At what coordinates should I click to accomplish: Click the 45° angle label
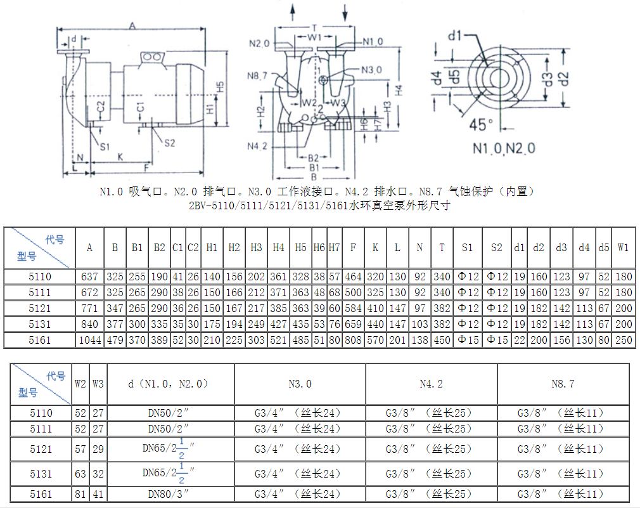tap(481, 124)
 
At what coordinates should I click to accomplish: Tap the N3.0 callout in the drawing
tap(371, 70)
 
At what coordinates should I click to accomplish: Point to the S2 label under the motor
tap(169, 143)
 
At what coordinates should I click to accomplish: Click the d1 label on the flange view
tap(455, 36)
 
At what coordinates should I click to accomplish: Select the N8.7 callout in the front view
tap(257, 76)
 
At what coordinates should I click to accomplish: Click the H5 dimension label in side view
tap(220, 87)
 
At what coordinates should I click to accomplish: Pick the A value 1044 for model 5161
tap(90, 340)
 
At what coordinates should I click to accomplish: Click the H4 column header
tap(278, 247)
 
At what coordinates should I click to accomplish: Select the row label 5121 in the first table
tap(39, 308)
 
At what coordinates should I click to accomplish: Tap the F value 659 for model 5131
tap(353, 324)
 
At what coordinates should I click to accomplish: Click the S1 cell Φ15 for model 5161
tap(468, 340)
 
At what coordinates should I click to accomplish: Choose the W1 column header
tap(623, 247)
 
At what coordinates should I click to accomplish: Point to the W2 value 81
tap(80, 494)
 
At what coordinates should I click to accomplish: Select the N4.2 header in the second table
tap(431, 384)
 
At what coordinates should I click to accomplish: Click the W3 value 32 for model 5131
tap(98, 474)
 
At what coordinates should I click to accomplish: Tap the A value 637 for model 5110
tap(89, 277)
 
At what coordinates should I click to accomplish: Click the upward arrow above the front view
tap(293, 12)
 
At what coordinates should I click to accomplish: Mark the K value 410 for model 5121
tap(375, 308)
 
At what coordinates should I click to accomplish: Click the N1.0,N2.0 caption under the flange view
tap(504, 148)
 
